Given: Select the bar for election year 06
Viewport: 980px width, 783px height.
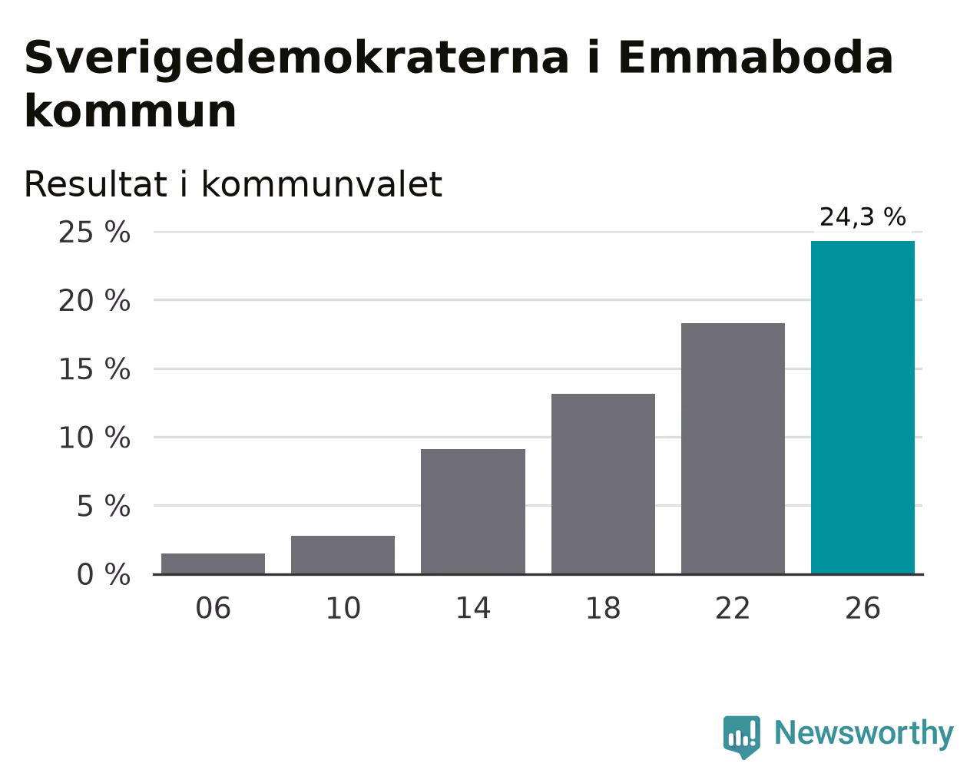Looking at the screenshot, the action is tap(213, 563).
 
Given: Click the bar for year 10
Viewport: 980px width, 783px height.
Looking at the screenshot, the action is tap(343, 555).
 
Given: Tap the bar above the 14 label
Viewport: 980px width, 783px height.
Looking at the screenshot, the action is tap(472, 512).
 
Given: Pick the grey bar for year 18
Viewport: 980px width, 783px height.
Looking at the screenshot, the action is tap(603, 484).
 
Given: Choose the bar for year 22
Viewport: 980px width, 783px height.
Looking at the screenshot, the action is tap(733, 448).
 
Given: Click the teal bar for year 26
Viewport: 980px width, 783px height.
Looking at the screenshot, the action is tap(862, 408).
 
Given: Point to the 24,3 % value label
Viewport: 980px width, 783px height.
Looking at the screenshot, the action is tap(862, 216).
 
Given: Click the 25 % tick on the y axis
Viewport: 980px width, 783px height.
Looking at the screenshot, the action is tap(94, 232).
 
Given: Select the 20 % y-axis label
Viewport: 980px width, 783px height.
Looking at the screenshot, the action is tap(94, 300).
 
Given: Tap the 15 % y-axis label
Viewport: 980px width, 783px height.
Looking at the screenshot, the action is tap(94, 368).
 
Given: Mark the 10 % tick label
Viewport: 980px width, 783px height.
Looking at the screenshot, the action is tap(94, 438).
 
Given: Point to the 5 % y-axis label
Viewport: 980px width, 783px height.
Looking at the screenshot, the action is tap(104, 506).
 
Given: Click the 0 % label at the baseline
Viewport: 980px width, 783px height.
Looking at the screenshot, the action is tap(104, 574).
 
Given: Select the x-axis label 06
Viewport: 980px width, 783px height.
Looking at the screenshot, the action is tap(213, 608).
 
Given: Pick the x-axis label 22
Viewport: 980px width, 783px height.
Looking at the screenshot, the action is tap(733, 608).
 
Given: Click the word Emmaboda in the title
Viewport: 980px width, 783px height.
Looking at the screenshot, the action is tap(756, 58).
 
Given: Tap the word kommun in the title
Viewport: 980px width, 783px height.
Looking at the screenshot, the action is tap(131, 111).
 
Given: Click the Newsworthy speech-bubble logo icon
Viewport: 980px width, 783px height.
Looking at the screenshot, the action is tap(742, 737).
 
